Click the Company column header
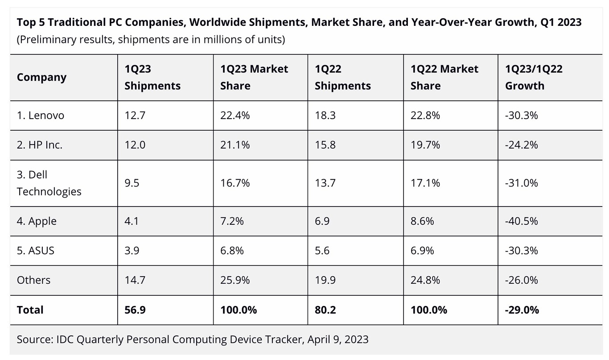[x=41, y=77]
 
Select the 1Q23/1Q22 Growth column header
[x=534, y=77]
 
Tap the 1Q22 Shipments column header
[x=342, y=77]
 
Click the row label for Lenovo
[x=41, y=116]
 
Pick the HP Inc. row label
[x=39, y=145]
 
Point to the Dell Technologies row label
[x=49, y=183]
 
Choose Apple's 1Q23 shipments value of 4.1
[x=132, y=221]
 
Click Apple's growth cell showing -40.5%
[x=521, y=221]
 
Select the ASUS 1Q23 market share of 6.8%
[x=232, y=251]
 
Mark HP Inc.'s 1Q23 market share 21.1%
[x=235, y=145]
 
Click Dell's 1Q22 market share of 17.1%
[x=425, y=183]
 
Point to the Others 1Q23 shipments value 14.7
[x=135, y=280]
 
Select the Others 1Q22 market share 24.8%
[x=425, y=280]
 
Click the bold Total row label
[x=30, y=310]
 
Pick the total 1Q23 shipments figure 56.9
[x=135, y=310]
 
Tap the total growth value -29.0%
[x=522, y=310]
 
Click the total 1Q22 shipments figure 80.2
[x=325, y=310]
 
